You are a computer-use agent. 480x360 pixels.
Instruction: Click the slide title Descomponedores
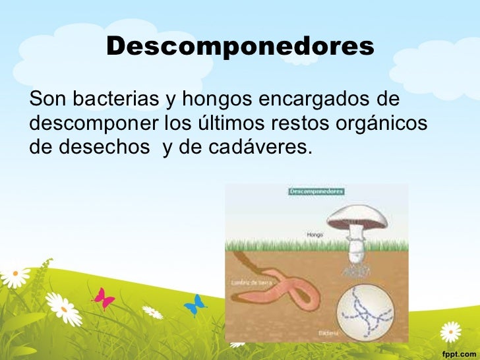pos(239,46)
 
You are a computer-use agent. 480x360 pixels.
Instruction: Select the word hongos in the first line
pos(215,100)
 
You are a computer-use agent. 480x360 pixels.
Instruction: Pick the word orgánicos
pos(381,123)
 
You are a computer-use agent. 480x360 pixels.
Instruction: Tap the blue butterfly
pos(195,304)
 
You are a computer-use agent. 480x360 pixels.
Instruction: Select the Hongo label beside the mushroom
pos(314,233)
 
